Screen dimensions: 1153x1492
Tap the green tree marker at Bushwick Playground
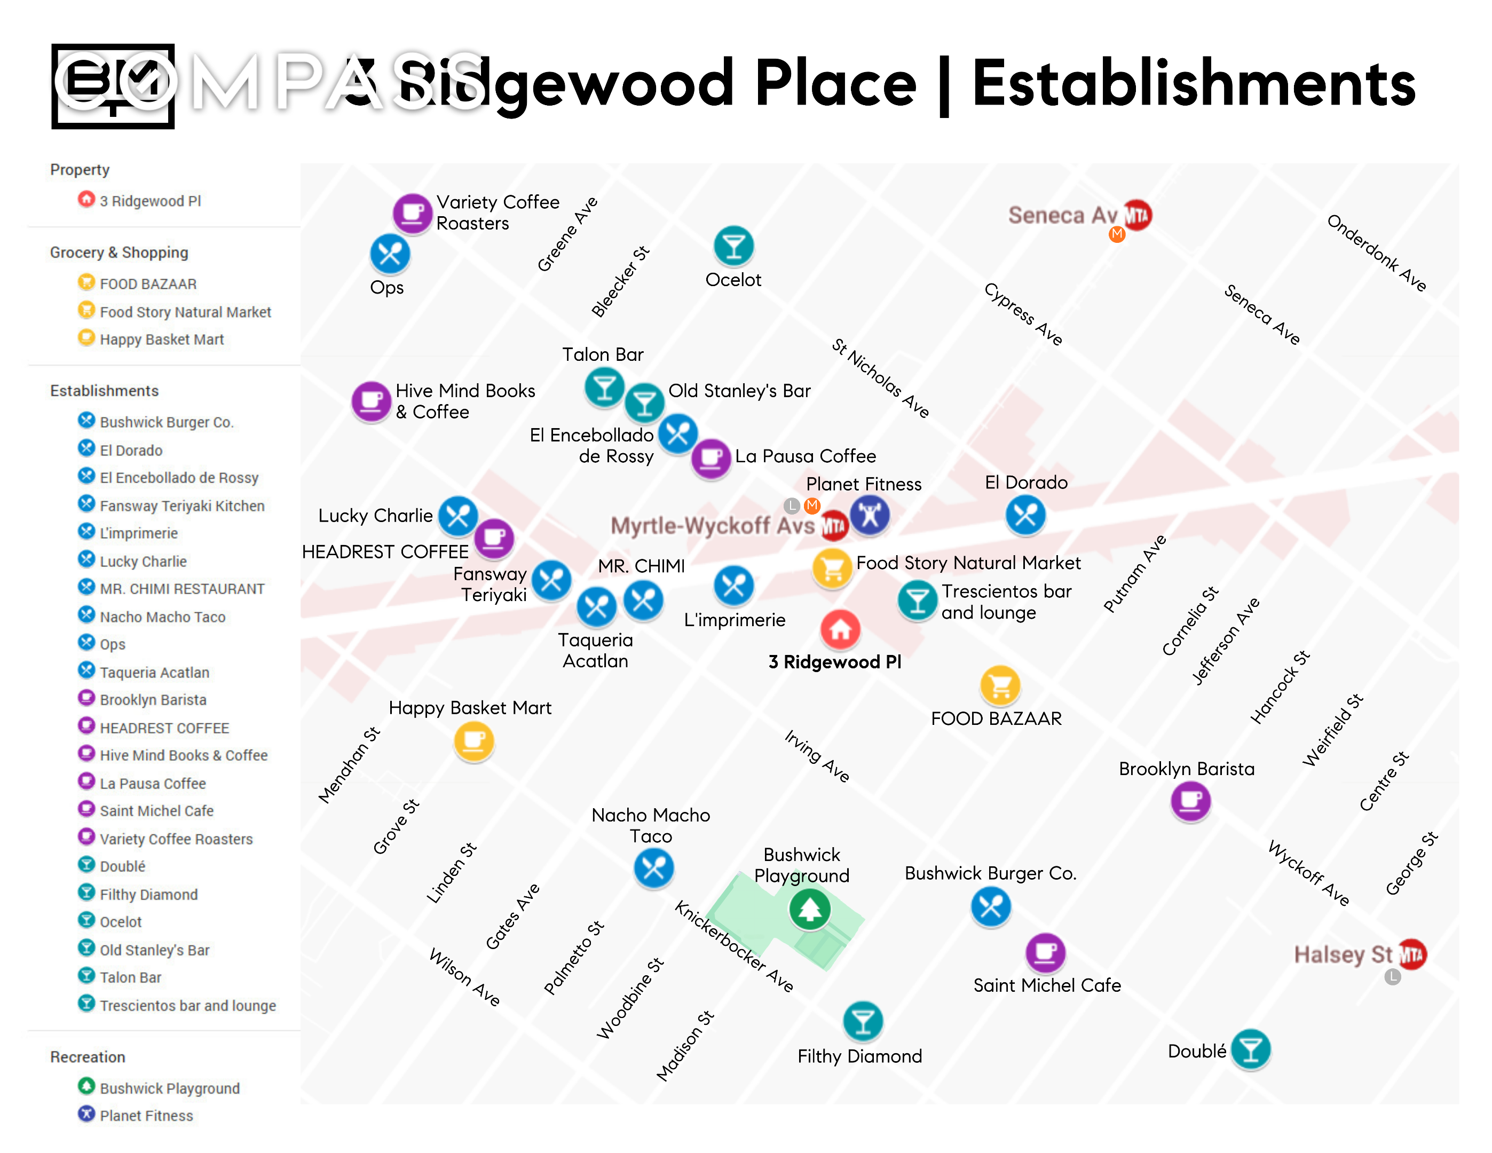[x=810, y=909]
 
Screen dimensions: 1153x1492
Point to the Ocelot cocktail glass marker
[x=733, y=246]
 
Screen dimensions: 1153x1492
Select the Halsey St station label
[x=1343, y=954]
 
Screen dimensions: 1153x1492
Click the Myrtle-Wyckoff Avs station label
[x=713, y=526]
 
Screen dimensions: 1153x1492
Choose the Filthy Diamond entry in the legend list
[x=148, y=894]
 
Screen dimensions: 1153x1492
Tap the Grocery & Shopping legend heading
[x=119, y=252]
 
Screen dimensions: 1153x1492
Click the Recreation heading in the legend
[x=88, y=1057]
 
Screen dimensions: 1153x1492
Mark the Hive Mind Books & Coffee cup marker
[x=371, y=401]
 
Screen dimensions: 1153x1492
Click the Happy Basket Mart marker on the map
[x=473, y=741]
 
